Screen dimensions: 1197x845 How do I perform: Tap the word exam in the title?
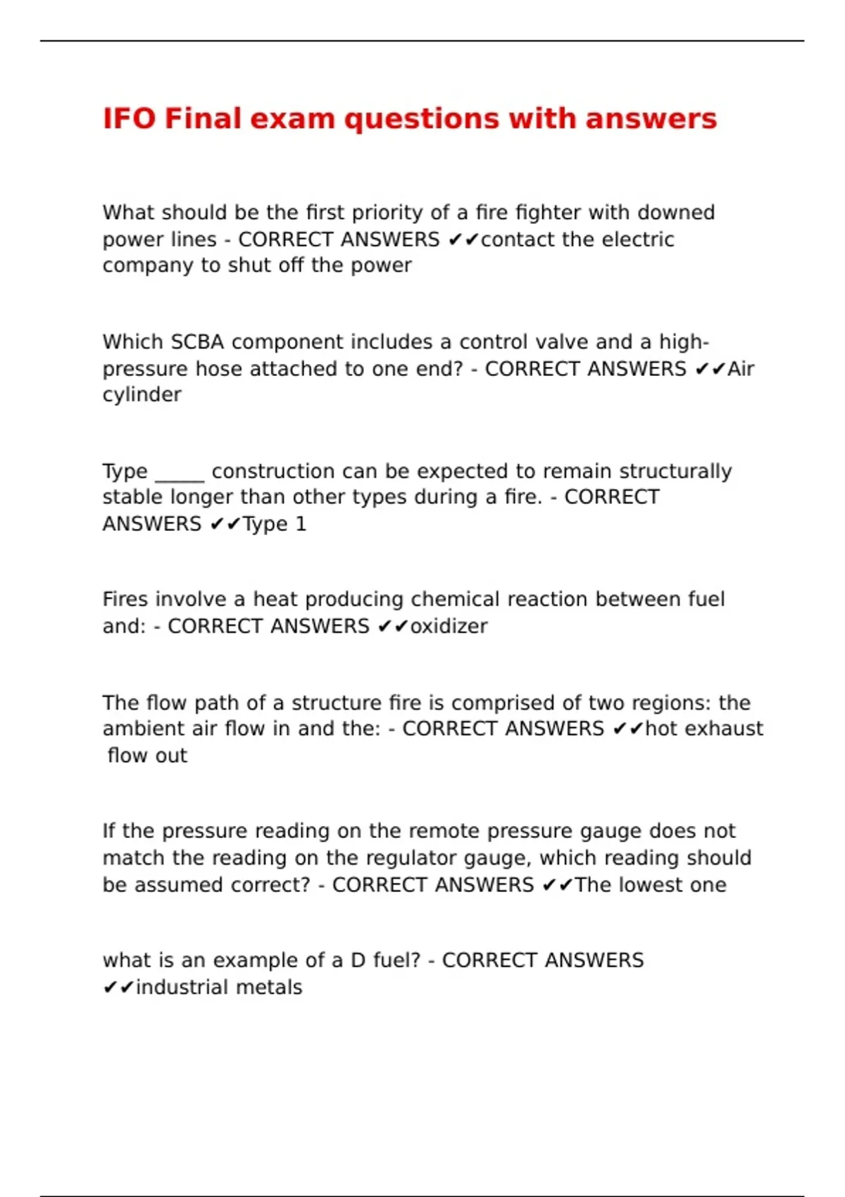(292, 118)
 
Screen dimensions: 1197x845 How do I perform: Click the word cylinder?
(142, 394)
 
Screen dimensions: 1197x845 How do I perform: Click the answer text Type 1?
(275, 524)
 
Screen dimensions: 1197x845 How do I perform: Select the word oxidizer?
(449, 626)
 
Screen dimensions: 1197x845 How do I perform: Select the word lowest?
(651, 884)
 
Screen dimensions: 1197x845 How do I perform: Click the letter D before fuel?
(358, 960)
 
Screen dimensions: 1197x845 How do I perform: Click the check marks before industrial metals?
(118, 987)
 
